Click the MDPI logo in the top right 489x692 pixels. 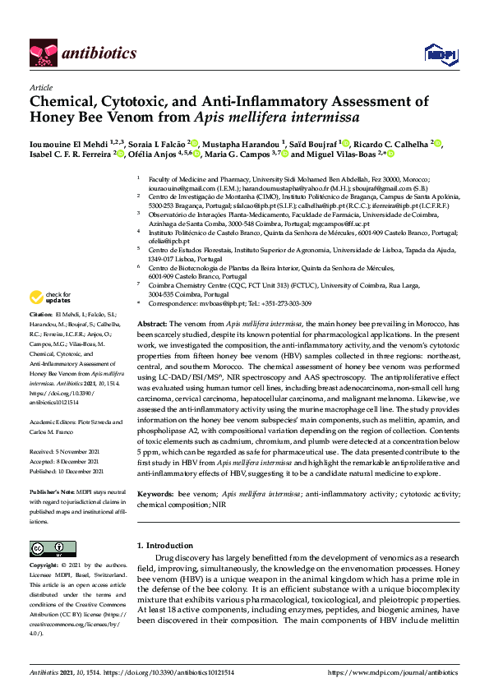pos(435,54)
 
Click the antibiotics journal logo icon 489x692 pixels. pos(43,53)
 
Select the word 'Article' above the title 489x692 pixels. pos(40,86)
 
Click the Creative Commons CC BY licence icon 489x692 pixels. pos(53,548)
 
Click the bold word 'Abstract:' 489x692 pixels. pos(152,325)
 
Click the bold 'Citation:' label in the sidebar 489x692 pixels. pos(41,315)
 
